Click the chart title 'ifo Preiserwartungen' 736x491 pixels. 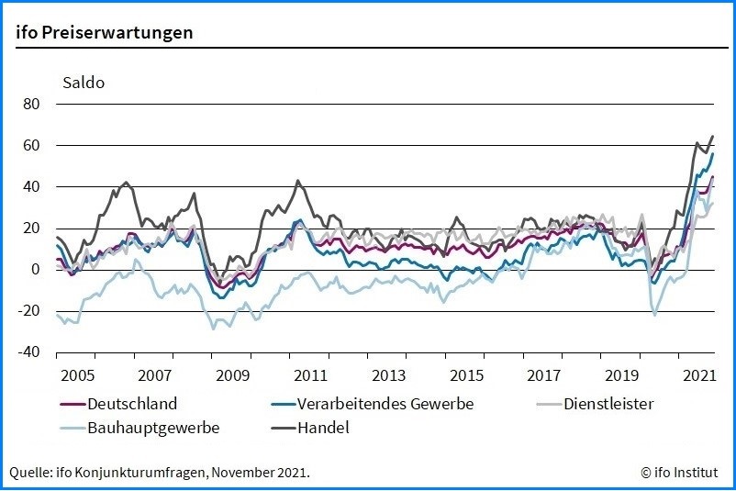tap(104, 32)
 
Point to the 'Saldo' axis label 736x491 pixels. tap(84, 83)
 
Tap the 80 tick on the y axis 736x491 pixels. tap(31, 104)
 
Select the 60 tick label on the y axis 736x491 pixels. tap(31, 145)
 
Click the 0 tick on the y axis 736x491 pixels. tap(35, 270)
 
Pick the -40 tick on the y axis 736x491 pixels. tap(28, 352)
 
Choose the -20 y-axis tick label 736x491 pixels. tap(28, 311)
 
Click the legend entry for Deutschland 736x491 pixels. tap(132, 404)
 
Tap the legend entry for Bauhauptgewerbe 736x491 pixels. tap(153, 427)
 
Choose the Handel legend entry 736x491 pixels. tap(323, 427)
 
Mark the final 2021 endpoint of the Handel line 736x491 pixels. tap(712, 137)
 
